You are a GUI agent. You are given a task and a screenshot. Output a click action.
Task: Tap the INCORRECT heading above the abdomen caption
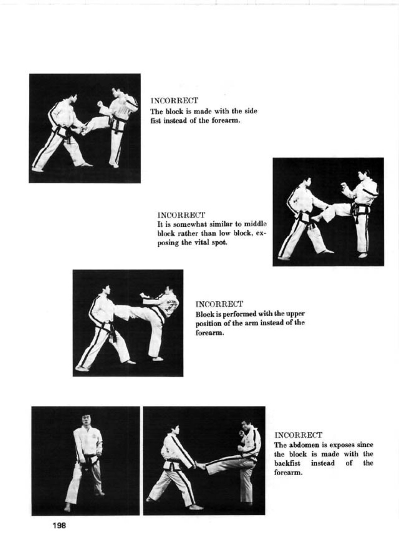coord(298,435)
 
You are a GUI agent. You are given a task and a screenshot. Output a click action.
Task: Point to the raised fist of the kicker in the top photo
coord(100,103)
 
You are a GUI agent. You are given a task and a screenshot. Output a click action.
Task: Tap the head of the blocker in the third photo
coord(106,291)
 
